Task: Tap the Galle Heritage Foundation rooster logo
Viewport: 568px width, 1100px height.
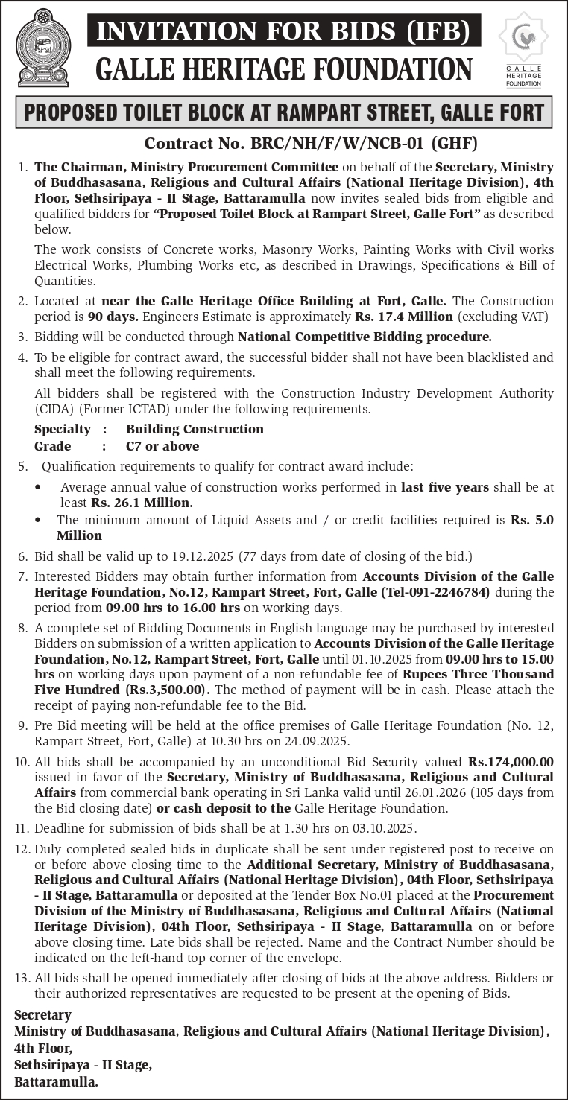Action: pyautogui.click(x=523, y=38)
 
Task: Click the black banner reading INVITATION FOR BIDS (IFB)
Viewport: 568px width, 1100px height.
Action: pyautogui.click(x=284, y=31)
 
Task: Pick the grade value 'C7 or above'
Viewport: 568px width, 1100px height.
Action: pyautogui.click(x=162, y=446)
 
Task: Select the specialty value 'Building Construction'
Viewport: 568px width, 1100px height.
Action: pyautogui.click(x=195, y=429)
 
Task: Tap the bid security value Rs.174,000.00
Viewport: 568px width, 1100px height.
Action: pyautogui.click(x=511, y=762)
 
